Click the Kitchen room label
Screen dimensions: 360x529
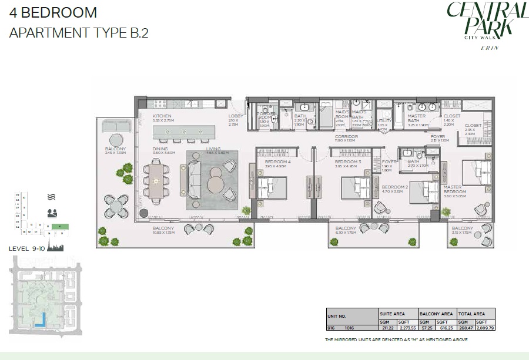162,116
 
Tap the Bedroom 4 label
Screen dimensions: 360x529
278,162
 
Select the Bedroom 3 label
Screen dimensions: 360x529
347,162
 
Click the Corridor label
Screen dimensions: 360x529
346,137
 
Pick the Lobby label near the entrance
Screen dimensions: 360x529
235,116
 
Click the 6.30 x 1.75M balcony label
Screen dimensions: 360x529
346,228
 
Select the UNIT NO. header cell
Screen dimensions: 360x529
339,314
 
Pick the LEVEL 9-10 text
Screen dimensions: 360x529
28,248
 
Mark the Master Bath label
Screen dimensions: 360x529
417,116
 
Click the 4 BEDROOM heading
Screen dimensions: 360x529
53,13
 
